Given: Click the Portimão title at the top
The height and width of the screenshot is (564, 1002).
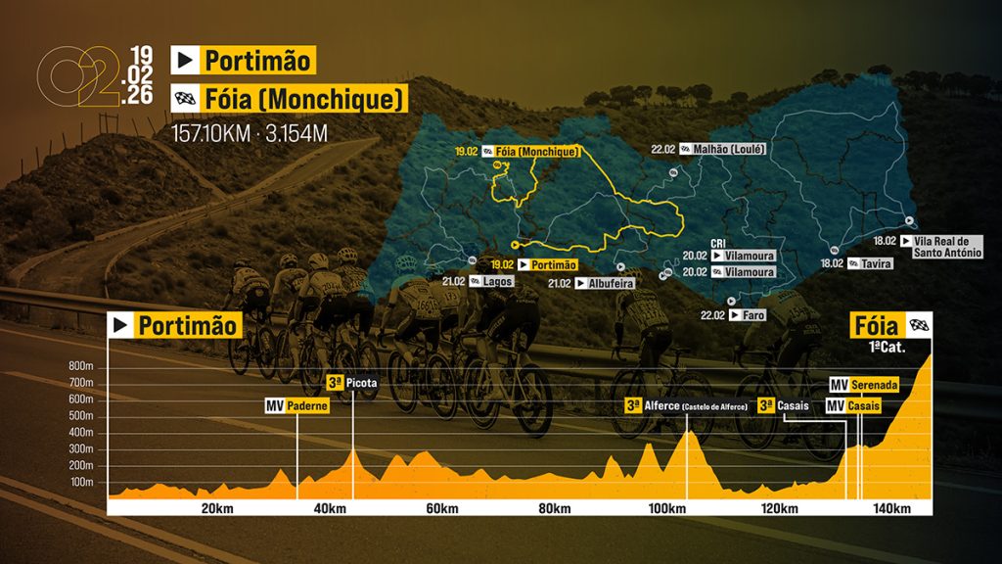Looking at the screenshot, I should [258, 61].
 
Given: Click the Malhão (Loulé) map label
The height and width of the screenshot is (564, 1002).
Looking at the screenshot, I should [734, 149].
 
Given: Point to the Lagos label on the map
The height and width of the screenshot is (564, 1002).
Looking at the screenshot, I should [498, 281].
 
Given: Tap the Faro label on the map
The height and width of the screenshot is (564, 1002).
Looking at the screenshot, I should [754, 315].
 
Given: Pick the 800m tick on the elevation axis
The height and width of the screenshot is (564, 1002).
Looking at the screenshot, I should [80, 366].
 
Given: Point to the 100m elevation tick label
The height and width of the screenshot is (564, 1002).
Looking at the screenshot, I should [80, 483].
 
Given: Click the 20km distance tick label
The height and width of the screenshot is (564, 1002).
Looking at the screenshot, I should [217, 508].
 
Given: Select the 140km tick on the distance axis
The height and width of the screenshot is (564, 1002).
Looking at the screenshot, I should [892, 508].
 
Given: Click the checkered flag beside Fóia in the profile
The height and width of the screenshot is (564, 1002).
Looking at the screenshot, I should [919, 326].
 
